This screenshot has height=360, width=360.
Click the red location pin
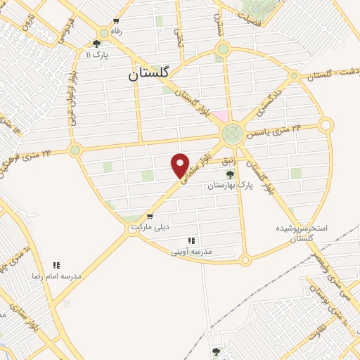tap(181, 165)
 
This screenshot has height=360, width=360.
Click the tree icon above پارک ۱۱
tap(96, 44)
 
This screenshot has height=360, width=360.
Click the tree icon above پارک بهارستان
tap(229, 174)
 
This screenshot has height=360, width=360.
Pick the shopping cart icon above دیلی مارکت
tap(149, 217)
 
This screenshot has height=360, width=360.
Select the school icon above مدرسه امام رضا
tap(56, 265)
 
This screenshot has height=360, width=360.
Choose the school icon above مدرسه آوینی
tap(192, 240)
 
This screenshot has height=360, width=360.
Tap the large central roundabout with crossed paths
tap(231, 133)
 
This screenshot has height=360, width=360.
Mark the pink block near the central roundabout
tap(220, 115)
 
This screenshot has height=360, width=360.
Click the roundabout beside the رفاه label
tap(104, 32)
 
